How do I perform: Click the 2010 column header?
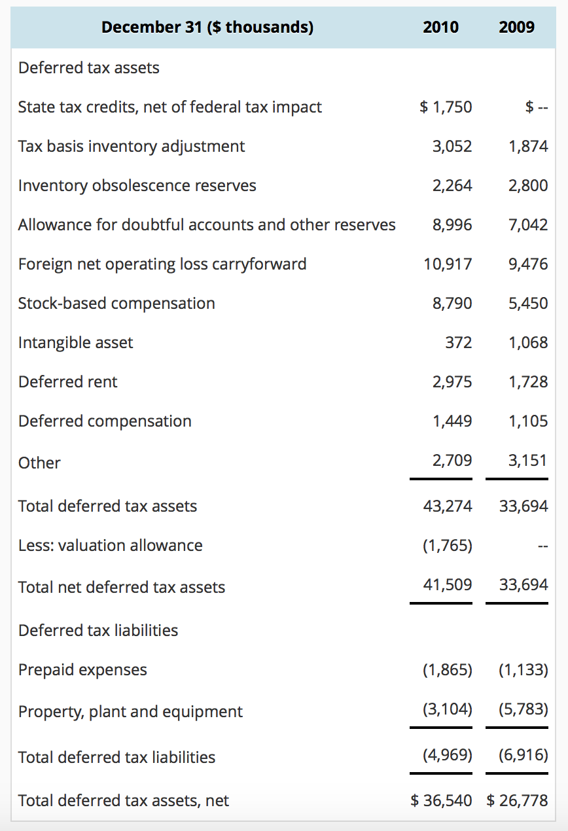tap(440, 27)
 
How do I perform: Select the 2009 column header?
tap(516, 27)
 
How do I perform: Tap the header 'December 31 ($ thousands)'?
tap(207, 27)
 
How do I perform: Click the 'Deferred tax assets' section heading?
tap(89, 68)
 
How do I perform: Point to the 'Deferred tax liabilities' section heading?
tap(98, 630)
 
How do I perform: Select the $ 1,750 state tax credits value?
tap(446, 107)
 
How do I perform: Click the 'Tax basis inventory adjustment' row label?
tap(132, 146)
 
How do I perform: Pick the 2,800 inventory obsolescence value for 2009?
tap(528, 185)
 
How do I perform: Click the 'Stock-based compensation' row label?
tap(116, 303)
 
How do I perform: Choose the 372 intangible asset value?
tap(458, 342)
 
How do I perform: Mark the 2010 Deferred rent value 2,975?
tap(452, 381)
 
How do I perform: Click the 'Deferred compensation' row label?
tap(105, 421)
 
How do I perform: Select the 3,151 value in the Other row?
tap(528, 460)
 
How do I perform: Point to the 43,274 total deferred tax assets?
tap(448, 506)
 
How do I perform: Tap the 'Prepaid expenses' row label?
tap(82, 669)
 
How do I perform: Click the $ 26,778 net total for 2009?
tap(518, 800)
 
